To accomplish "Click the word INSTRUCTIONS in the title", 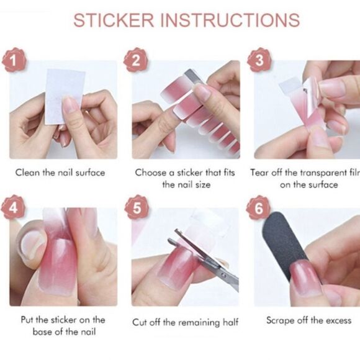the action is click(x=230, y=20).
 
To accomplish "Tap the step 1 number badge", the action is click(x=14, y=60).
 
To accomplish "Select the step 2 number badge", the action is click(x=136, y=60).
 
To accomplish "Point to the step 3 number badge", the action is click(x=259, y=60).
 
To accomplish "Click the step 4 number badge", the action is click(x=13, y=207).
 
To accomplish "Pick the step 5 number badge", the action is click(x=137, y=207).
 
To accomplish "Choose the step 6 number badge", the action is click(x=259, y=208).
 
